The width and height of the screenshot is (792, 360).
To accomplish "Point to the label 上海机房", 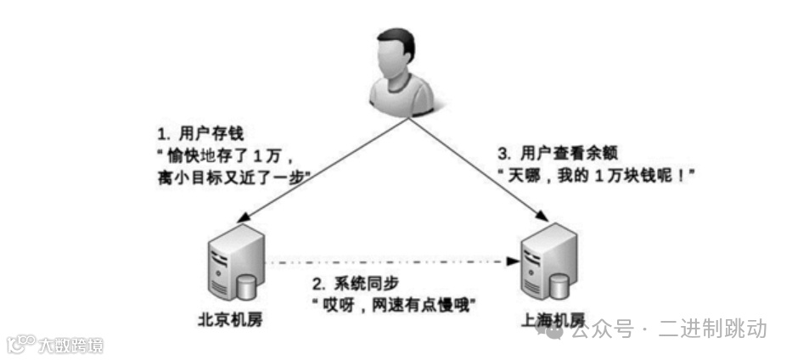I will (554, 321).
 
